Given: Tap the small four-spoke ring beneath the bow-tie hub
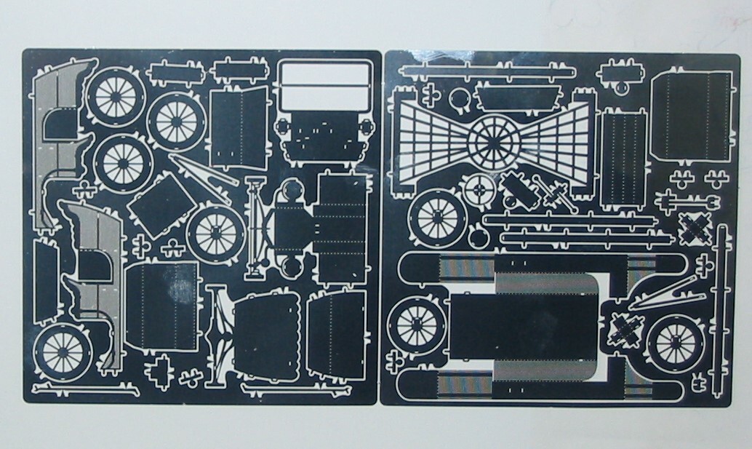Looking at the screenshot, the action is (480, 191).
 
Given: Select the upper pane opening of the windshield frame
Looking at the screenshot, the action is (324, 76).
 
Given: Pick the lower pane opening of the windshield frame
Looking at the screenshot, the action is (324, 100).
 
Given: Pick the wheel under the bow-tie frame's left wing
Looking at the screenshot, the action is (439, 216).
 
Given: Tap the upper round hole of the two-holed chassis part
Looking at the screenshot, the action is (289, 191).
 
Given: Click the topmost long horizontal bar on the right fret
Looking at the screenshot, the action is (480, 71).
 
